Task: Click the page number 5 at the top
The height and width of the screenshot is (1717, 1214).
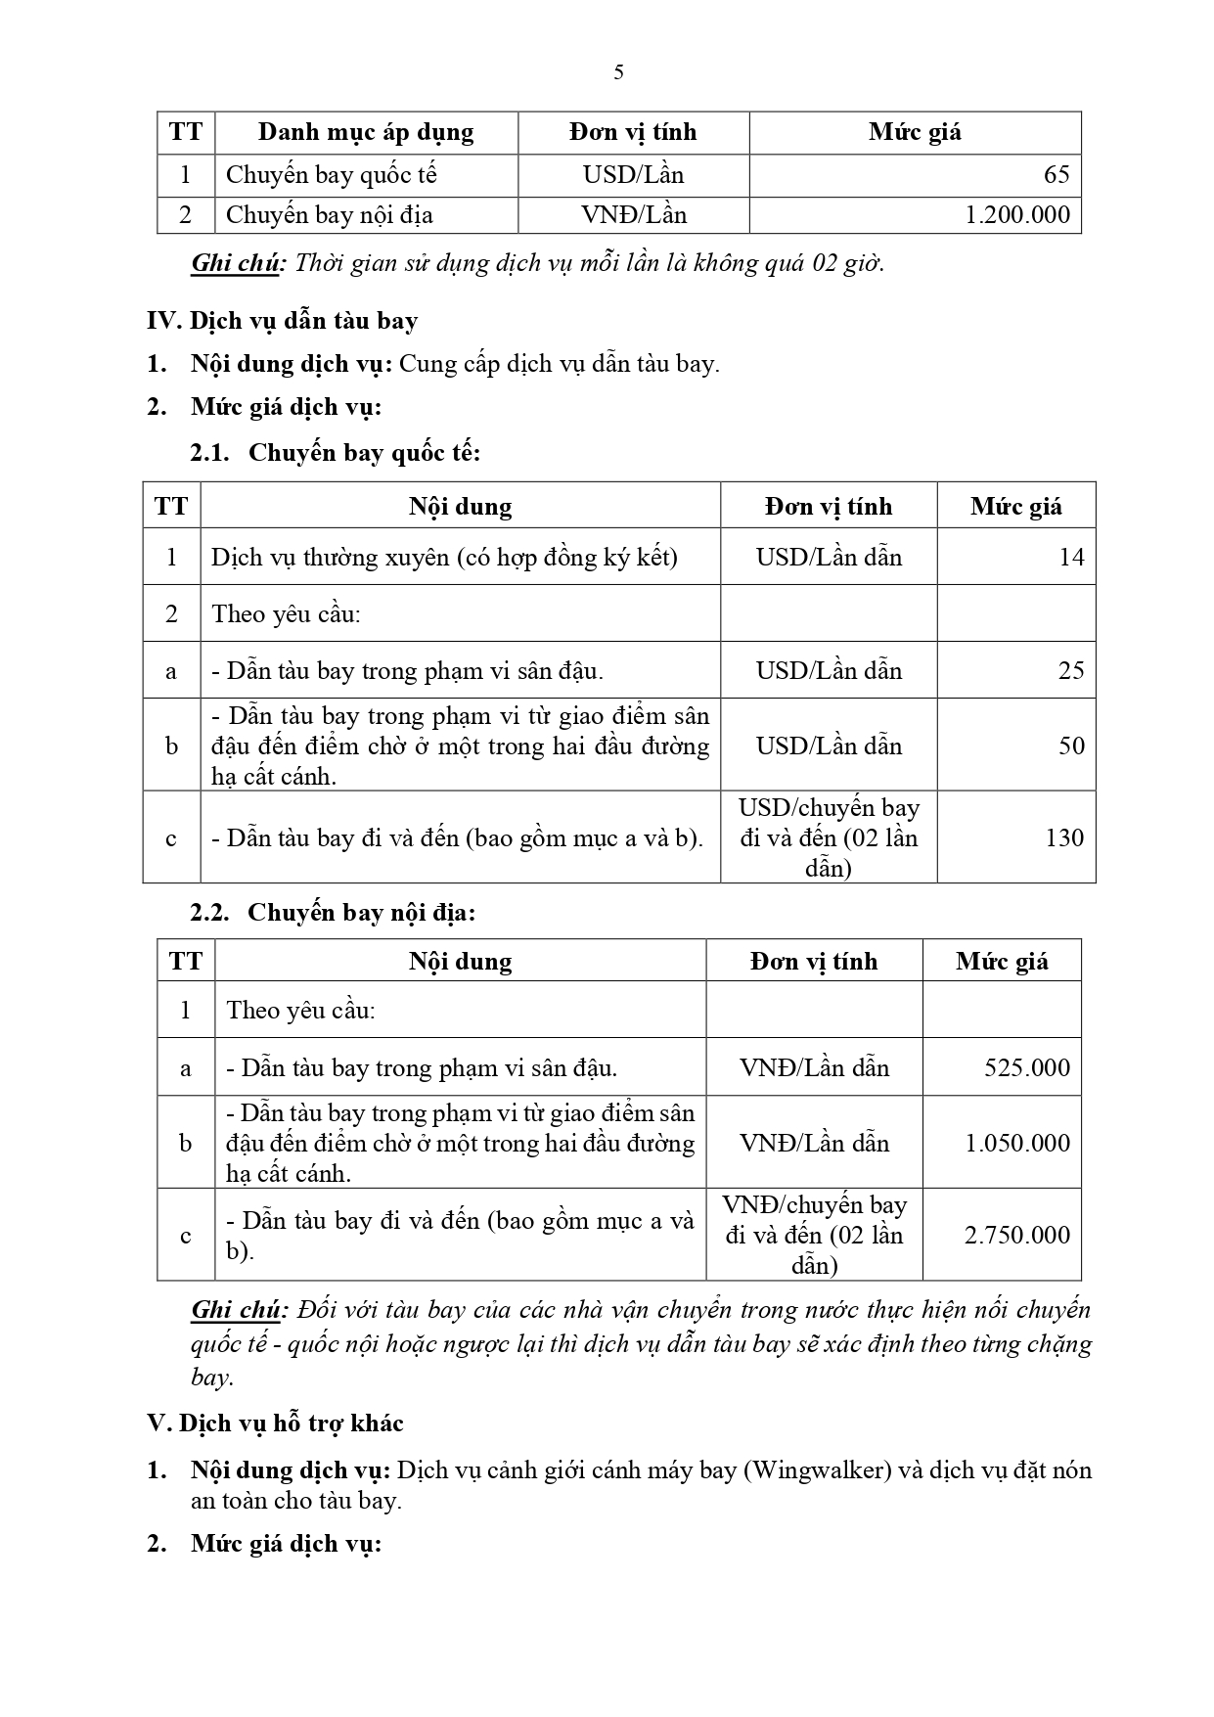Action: click(618, 72)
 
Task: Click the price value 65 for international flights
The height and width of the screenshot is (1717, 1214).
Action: click(1057, 175)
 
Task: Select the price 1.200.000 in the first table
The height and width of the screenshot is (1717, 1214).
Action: click(1017, 215)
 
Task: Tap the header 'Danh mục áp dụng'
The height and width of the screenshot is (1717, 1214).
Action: click(366, 132)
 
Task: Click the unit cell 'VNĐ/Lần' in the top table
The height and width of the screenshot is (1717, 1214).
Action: click(634, 215)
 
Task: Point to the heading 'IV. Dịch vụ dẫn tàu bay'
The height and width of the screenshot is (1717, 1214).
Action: click(282, 321)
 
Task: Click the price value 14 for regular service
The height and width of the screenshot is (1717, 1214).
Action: click(1071, 558)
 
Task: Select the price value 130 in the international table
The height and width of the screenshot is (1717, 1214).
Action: click(1064, 837)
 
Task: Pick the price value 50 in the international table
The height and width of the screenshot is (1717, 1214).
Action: click(1071, 746)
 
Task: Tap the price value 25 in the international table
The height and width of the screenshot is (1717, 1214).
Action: click(1071, 670)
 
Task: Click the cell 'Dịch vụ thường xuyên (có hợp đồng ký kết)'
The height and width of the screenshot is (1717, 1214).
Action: click(444, 558)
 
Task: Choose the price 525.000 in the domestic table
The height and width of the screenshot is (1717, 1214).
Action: click(1027, 1067)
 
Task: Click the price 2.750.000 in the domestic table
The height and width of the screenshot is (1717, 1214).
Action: click(1017, 1235)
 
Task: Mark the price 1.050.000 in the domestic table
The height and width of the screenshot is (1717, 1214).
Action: click(1017, 1143)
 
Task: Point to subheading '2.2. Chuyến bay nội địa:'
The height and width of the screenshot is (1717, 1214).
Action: click(333, 913)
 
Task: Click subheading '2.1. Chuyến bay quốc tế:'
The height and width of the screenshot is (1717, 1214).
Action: click(336, 453)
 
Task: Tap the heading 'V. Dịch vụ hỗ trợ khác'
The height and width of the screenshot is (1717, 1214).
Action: click(275, 1423)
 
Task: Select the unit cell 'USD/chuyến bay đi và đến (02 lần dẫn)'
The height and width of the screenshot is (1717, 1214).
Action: click(829, 837)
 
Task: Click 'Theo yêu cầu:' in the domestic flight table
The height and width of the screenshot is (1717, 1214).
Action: click(300, 1011)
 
